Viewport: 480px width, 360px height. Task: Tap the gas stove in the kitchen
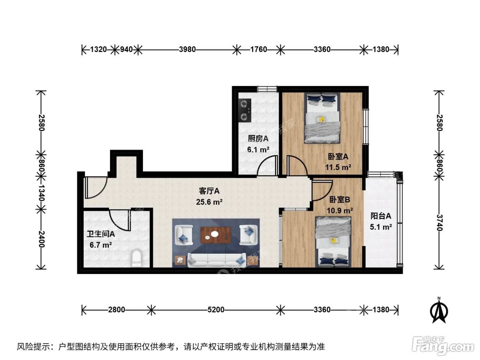click(x=245, y=110)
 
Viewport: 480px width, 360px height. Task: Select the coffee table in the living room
click(x=216, y=235)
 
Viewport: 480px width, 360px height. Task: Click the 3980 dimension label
click(x=187, y=49)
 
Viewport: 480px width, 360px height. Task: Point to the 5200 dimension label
click(x=216, y=310)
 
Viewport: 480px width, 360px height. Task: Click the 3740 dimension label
click(x=439, y=223)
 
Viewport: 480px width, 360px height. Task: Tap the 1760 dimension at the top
click(x=259, y=49)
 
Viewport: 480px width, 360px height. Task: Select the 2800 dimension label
click(x=117, y=310)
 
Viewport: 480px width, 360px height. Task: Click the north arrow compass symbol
click(x=439, y=310)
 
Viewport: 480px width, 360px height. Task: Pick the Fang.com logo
click(x=443, y=345)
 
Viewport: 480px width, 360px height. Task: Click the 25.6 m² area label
click(x=209, y=202)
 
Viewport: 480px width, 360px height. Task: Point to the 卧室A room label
click(x=338, y=156)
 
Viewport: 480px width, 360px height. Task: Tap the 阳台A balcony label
click(x=381, y=216)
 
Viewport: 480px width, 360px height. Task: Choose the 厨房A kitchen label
click(x=258, y=139)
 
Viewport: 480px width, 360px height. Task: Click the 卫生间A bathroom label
click(x=100, y=234)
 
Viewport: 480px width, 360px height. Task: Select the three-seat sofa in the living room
click(x=217, y=260)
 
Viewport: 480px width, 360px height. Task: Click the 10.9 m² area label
click(x=340, y=211)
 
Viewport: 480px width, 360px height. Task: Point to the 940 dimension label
click(x=127, y=49)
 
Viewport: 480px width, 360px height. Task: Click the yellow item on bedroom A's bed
click(x=322, y=119)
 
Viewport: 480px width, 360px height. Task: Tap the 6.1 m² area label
click(x=258, y=149)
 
